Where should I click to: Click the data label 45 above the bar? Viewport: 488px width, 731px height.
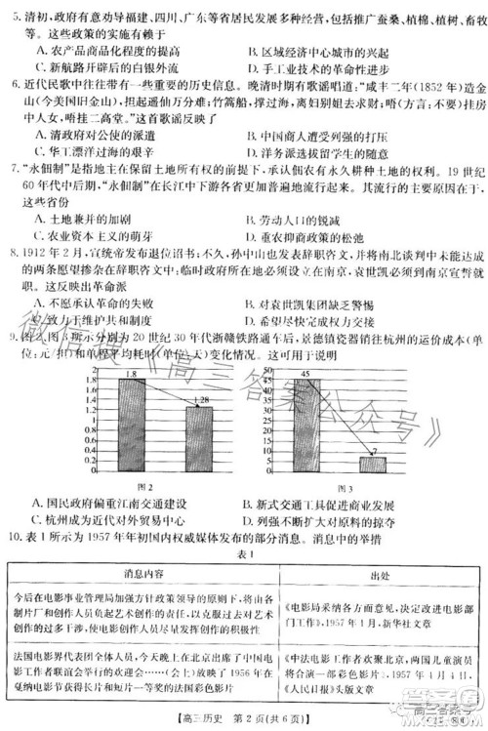click(x=305, y=345)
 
